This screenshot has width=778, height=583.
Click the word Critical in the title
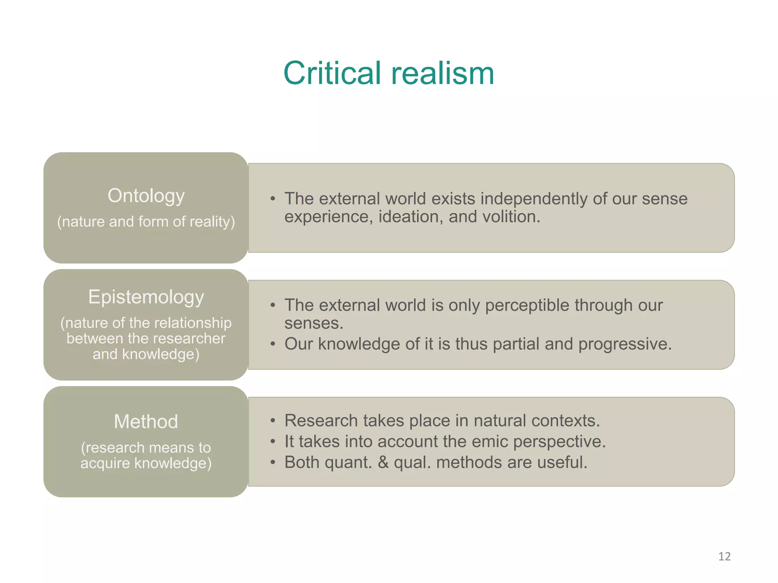[x=332, y=73]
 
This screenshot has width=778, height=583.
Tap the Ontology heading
[x=146, y=196]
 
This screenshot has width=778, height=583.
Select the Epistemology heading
[x=146, y=297]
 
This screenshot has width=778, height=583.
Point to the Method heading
[x=146, y=421]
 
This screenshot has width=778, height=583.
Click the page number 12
[x=724, y=556]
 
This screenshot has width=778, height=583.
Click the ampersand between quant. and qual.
[x=383, y=462]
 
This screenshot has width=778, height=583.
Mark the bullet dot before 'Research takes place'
[x=272, y=421]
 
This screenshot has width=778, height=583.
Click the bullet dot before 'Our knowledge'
[x=272, y=344]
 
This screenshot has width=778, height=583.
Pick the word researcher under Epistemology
[x=190, y=338]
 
